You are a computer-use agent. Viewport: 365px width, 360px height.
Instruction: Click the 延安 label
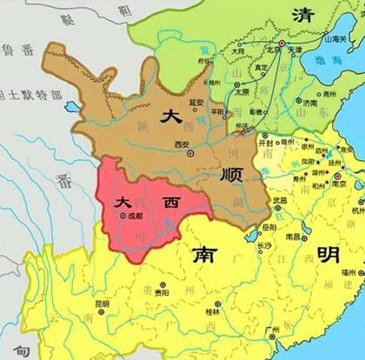pos(200,101)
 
